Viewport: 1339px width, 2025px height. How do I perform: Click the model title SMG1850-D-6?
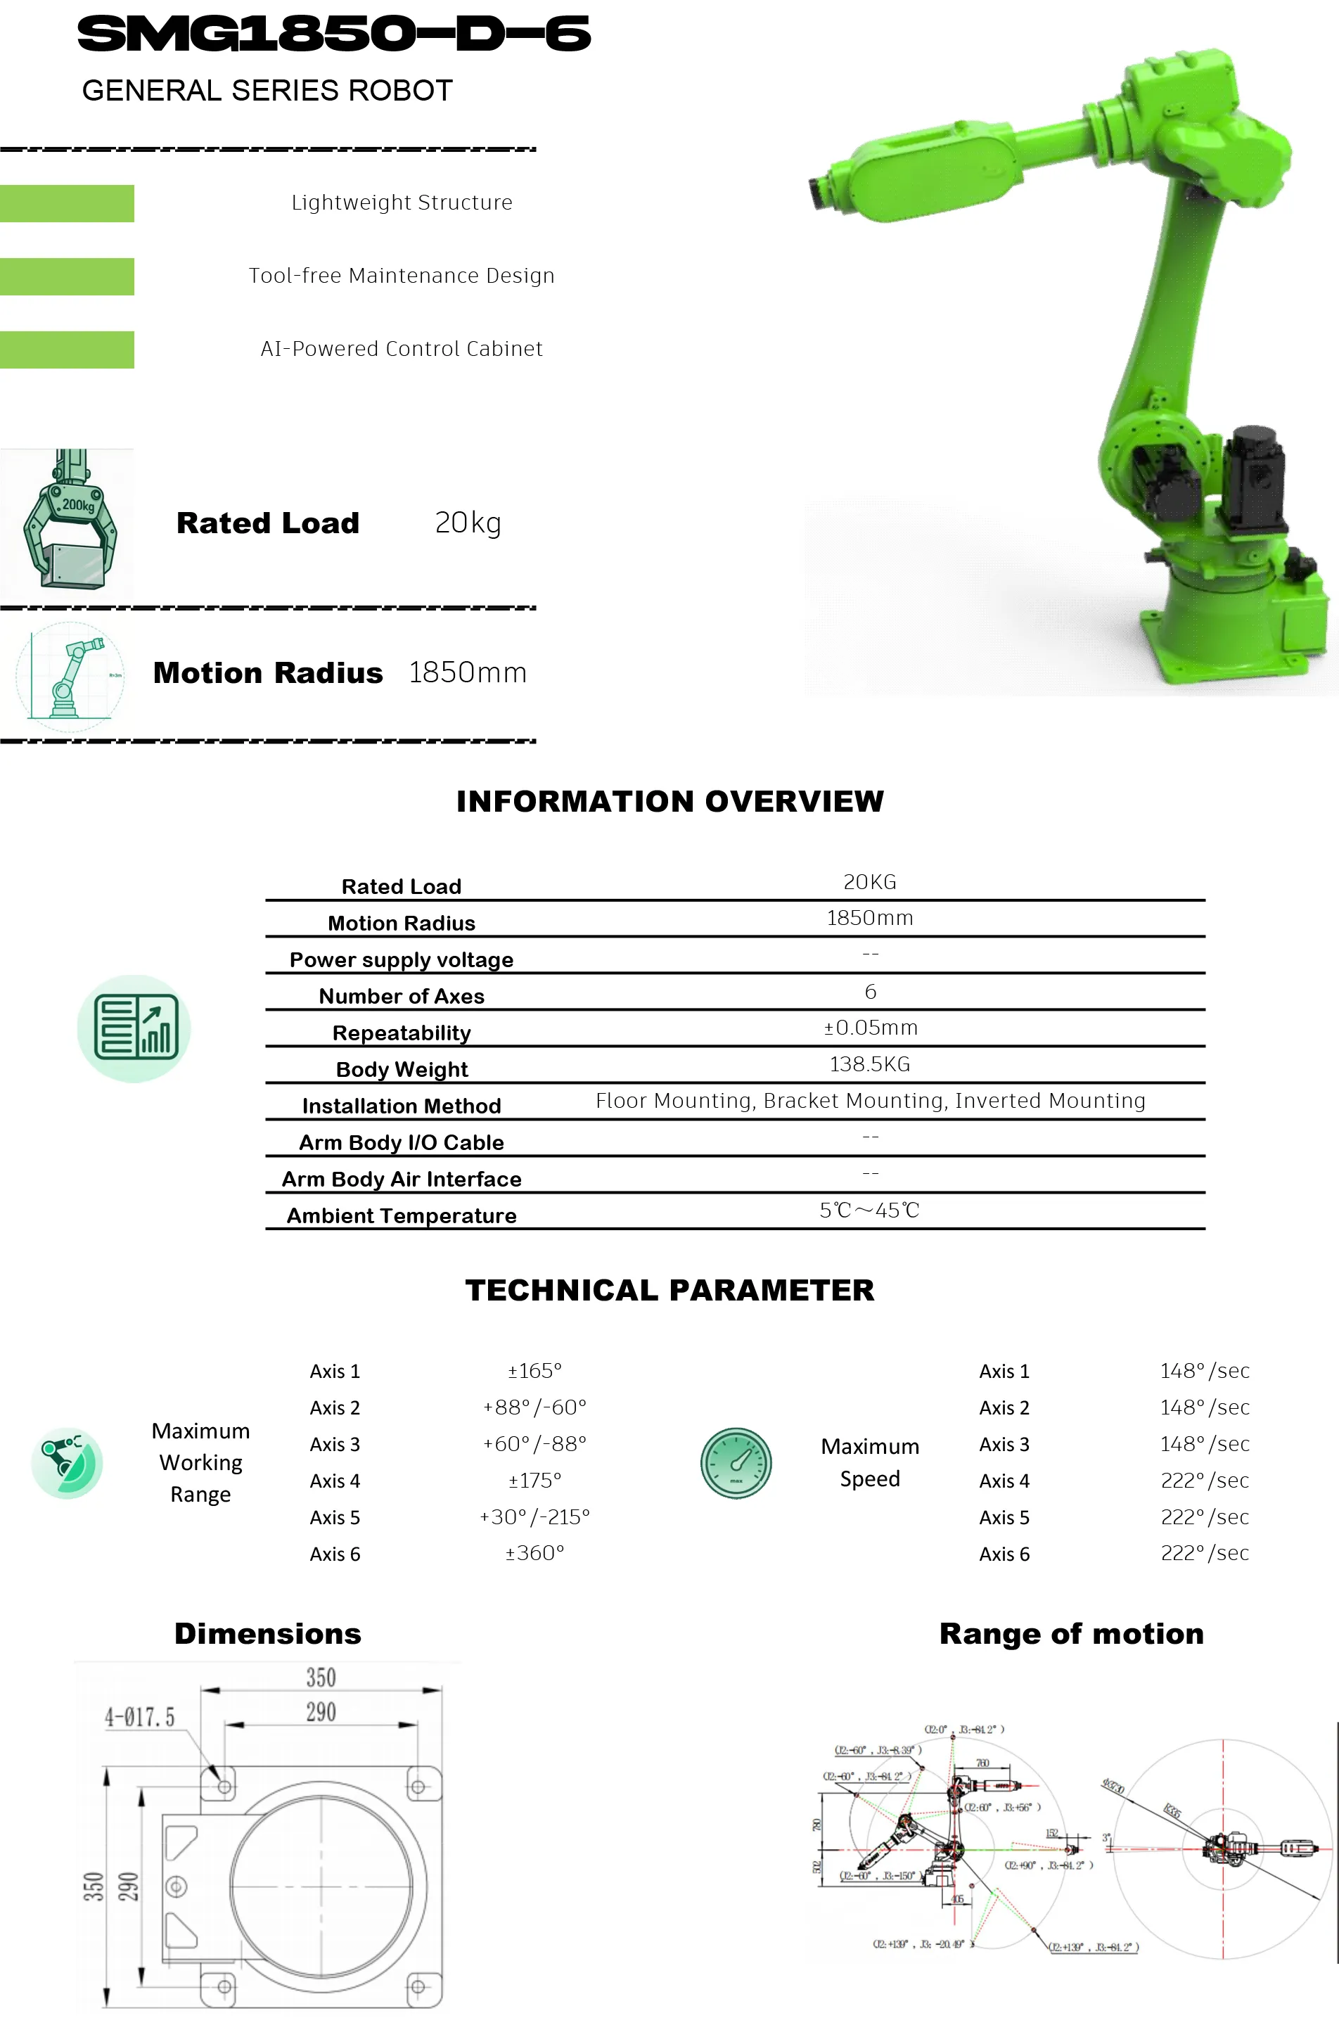(334, 34)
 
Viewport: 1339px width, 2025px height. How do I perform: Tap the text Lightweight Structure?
(402, 203)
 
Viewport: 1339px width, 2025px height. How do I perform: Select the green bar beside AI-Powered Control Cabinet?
(67, 350)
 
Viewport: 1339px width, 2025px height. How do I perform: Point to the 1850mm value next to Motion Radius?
(467, 673)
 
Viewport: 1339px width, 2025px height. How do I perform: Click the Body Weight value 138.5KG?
(869, 1064)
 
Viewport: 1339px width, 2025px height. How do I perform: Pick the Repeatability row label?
(402, 1033)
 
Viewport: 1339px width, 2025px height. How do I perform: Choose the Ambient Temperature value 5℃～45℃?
(869, 1210)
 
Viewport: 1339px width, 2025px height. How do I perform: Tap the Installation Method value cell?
(869, 1101)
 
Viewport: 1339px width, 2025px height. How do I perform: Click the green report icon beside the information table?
(134, 1028)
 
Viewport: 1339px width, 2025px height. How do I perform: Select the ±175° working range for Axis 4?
(534, 1480)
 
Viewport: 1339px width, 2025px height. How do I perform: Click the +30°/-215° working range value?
(534, 1517)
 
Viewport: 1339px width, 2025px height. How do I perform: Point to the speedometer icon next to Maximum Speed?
(736, 1462)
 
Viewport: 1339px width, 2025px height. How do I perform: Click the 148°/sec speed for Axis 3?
(1204, 1443)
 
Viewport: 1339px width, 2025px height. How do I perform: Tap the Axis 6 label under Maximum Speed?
(1004, 1554)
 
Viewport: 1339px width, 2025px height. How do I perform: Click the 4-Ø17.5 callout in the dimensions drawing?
(139, 1717)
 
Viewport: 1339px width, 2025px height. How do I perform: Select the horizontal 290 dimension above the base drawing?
(321, 1711)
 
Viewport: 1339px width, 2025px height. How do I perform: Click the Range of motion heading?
(1071, 1633)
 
